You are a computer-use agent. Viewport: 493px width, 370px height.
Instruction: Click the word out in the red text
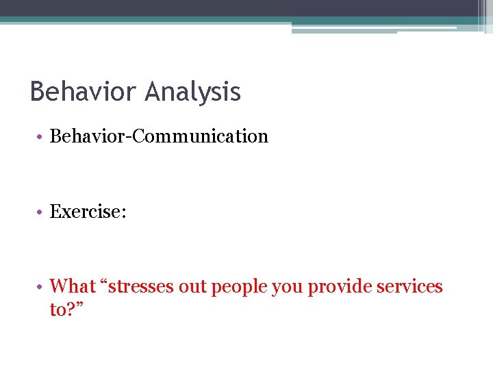click(x=193, y=286)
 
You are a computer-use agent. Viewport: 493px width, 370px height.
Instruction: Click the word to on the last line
click(x=58, y=310)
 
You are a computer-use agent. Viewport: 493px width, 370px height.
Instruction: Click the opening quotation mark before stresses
click(x=103, y=282)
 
